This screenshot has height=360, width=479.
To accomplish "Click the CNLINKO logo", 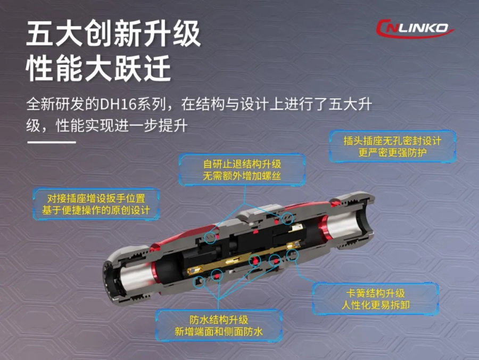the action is pos(415,28).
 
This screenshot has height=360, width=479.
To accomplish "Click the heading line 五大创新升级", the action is pos(113,34).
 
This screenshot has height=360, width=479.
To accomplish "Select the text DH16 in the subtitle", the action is pos(118,104).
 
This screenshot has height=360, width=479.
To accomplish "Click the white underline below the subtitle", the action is pos(52,142).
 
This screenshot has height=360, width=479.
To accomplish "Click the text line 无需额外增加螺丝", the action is pos(242,176).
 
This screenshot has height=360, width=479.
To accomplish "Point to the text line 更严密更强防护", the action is pos(393,152).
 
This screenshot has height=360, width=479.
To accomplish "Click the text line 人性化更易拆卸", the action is pos(375,305).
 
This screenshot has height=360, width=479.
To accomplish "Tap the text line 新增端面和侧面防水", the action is pos(219,331).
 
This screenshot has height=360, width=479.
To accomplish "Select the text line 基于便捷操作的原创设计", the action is pos(96,210).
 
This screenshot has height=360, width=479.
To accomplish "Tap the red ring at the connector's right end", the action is pos(323,228).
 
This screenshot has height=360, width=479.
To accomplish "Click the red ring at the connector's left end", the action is pos(155,272).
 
